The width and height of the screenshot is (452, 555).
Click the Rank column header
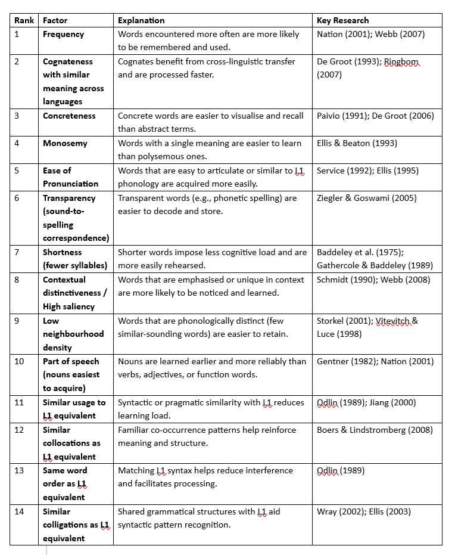click(24, 20)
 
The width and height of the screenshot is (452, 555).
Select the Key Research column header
click(342, 20)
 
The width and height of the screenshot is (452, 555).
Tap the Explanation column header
click(141, 20)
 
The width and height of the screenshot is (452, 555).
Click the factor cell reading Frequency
click(63, 34)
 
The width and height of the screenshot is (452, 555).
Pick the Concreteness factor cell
click(69, 116)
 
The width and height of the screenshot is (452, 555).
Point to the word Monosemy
click(65, 143)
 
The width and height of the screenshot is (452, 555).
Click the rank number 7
click(17, 252)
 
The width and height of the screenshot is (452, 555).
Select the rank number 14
click(19, 511)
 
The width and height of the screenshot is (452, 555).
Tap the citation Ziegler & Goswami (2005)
click(366, 198)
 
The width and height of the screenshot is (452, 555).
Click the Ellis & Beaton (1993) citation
click(357, 143)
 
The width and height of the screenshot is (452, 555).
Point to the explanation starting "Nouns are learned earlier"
click(211, 368)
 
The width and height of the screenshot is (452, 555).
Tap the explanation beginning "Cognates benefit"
click(206, 68)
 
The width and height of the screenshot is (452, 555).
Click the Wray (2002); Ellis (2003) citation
click(363, 511)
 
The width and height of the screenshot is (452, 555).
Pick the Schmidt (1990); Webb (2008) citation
click(373, 280)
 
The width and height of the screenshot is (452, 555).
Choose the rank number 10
click(19, 361)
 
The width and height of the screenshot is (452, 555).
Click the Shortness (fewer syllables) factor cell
click(75, 259)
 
